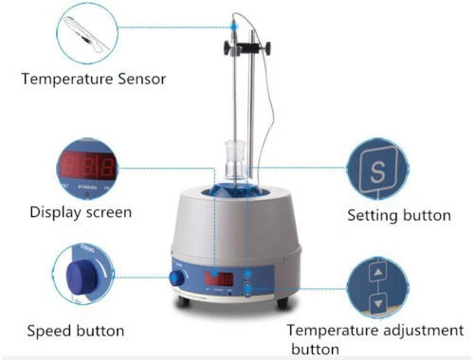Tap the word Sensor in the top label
[138, 78]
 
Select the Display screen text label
[80, 211]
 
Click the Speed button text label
[75, 331]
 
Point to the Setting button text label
[399, 215]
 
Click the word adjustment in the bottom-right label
[405, 331]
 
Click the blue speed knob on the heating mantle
[177, 279]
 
